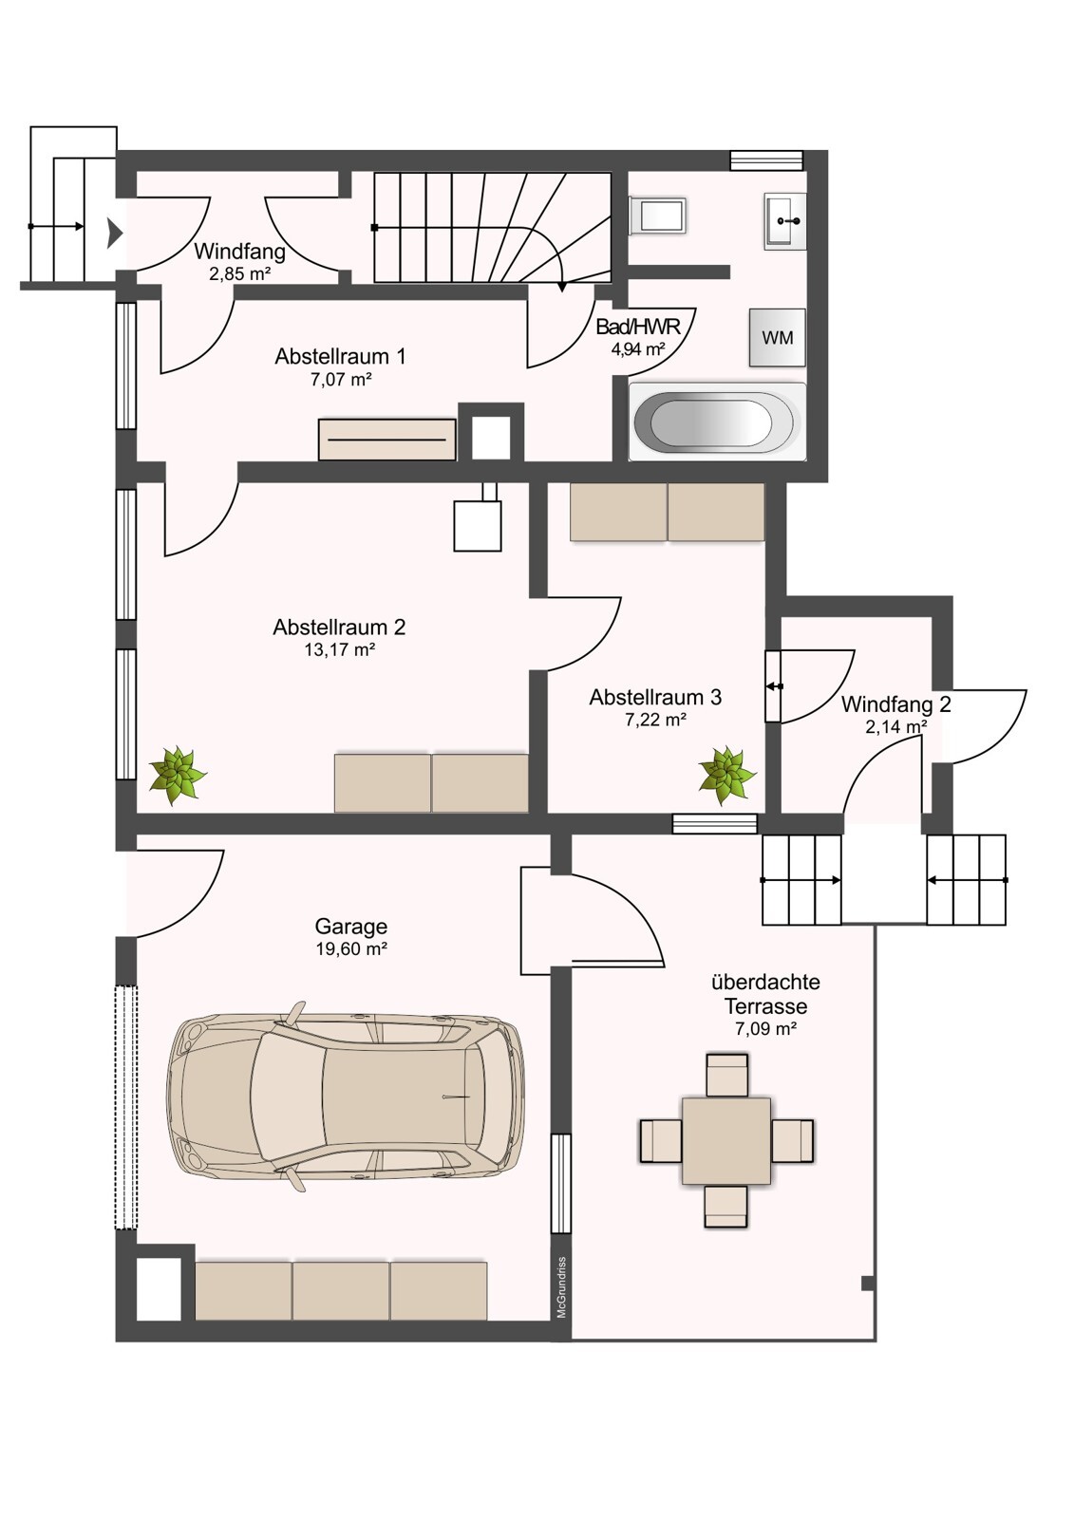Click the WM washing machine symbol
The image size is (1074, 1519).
pos(777,337)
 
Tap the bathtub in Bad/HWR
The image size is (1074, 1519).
pos(717,422)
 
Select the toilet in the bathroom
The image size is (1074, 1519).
pos(657,216)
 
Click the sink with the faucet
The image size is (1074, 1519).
pos(785,221)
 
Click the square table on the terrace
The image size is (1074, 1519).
pos(725,1140)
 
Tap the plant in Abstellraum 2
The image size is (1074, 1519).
pos(178,775)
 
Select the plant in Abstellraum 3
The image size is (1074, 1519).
pos(727,775)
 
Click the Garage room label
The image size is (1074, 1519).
pos(350,927)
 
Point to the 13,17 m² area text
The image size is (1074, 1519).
pos(340,649)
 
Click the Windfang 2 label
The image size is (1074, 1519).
pos(895,704)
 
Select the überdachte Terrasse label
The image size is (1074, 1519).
pos(765,993)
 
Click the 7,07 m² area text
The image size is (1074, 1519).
pos(341,379)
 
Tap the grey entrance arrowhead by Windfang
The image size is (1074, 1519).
pos(115,234)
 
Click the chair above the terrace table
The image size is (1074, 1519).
pos(726,1076)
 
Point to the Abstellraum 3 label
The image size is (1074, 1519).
pos(655,697)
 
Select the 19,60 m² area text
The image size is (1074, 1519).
pos(351,948)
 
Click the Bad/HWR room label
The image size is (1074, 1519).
pos(638,327)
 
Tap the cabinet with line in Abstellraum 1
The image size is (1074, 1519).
pos(386,440)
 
